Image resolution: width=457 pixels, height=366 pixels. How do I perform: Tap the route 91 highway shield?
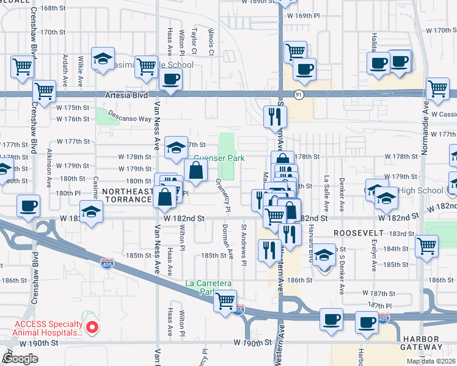coord(298,95)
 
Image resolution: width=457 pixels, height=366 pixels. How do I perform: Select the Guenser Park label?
coord(219,159)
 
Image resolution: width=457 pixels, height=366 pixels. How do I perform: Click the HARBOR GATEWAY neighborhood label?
coord(429,343)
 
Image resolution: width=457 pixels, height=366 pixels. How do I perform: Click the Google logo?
coord(21,359)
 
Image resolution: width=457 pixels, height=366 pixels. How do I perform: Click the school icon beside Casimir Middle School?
coord(103,59)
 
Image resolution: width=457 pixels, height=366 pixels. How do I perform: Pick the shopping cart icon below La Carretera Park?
coord(225,300)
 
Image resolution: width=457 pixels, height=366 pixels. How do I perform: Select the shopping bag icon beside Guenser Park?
coord(196,171)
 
